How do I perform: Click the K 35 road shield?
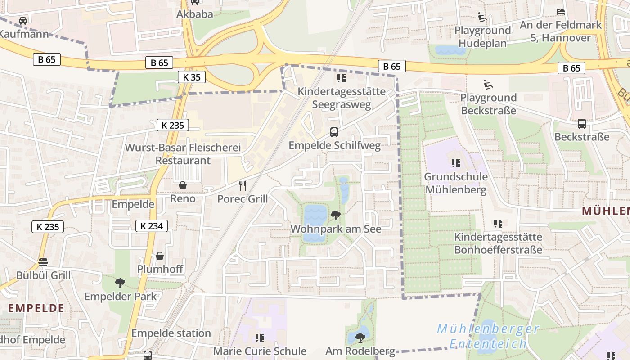coord(192,77)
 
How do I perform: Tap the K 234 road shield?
coord(152,226)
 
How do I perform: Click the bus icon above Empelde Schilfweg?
coord(334,132)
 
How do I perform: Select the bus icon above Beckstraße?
coord(581,124)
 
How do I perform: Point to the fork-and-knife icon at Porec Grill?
coord(243,185)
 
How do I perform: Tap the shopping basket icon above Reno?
coord(183,185)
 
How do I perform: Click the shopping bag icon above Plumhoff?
coord(160,256)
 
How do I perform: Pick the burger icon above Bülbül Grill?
coord(43,262)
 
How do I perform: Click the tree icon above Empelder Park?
coord(120,283)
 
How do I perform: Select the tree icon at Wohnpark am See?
coord(335,216)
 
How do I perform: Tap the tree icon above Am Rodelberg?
coord(360,337)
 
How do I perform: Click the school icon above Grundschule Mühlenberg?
coord(455,163)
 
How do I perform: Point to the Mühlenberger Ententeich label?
coord(488,336)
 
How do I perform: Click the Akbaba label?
coord(194,14)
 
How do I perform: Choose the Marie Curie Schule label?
coord(260,351)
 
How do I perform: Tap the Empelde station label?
coord(171,333)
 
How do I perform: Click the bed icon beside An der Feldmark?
coord(560,12)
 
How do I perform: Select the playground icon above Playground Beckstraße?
coord(488,84)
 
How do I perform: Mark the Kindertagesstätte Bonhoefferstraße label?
coord(498,243)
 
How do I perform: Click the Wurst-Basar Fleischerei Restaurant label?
coord(183,154)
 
